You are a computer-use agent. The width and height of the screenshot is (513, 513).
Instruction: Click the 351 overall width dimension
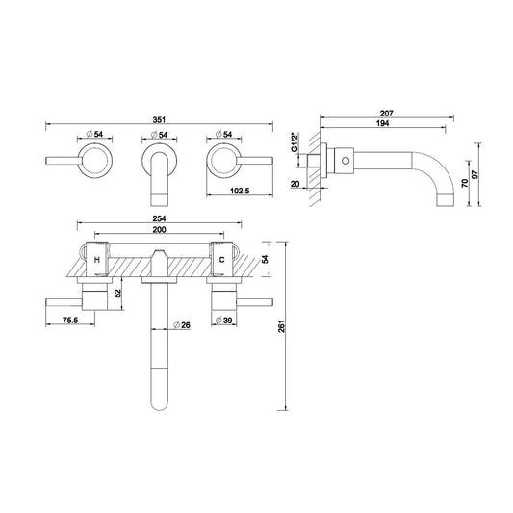159,120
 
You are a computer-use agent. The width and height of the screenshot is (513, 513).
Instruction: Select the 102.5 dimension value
240,191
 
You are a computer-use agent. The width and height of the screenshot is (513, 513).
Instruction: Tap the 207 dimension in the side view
386,114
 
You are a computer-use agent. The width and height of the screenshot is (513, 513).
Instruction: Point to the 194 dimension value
382,123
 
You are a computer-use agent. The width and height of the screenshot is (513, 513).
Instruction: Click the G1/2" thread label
295,142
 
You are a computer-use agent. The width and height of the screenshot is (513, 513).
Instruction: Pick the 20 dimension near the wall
295,184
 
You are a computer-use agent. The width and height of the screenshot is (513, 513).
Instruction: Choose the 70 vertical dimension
465,183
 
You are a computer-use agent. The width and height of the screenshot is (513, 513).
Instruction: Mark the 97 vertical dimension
475,174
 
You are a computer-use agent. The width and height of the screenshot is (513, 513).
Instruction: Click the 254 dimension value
160,218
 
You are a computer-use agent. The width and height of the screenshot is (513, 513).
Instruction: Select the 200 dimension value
160,230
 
